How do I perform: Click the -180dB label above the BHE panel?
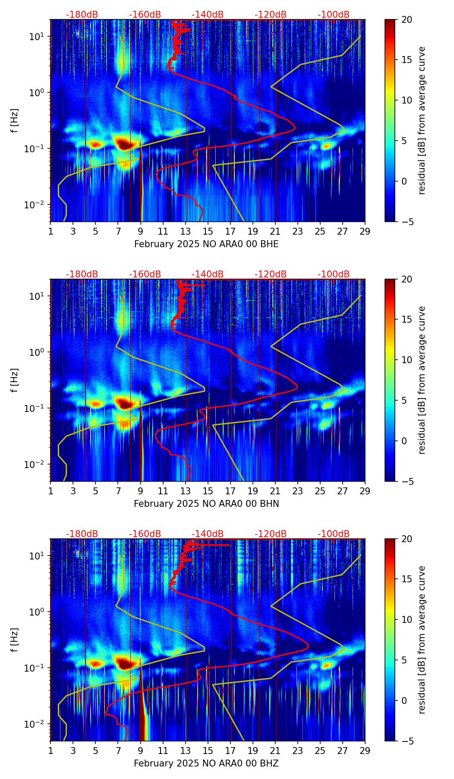[x=82, y=15]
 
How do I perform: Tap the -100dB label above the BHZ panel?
[x=334, y=534]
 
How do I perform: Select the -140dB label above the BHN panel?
[x=208, y=274]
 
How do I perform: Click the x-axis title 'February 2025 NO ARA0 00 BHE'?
[x=206, y=244]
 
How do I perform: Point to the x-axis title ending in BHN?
[x=206, y=504]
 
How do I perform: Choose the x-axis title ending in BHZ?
[x=206, y=763]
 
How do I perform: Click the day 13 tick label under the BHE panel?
[x=186, y=231]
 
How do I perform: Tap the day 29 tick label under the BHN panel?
[x=365, y=491]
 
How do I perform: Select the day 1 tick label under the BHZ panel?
[x=51, y=751]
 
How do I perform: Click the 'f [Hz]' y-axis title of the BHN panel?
[x=15, y=380]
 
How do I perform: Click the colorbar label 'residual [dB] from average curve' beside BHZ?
[x=422, y=640]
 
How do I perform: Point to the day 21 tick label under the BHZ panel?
[x=275, y=751]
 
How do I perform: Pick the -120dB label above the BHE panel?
[x=271, y=15]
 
